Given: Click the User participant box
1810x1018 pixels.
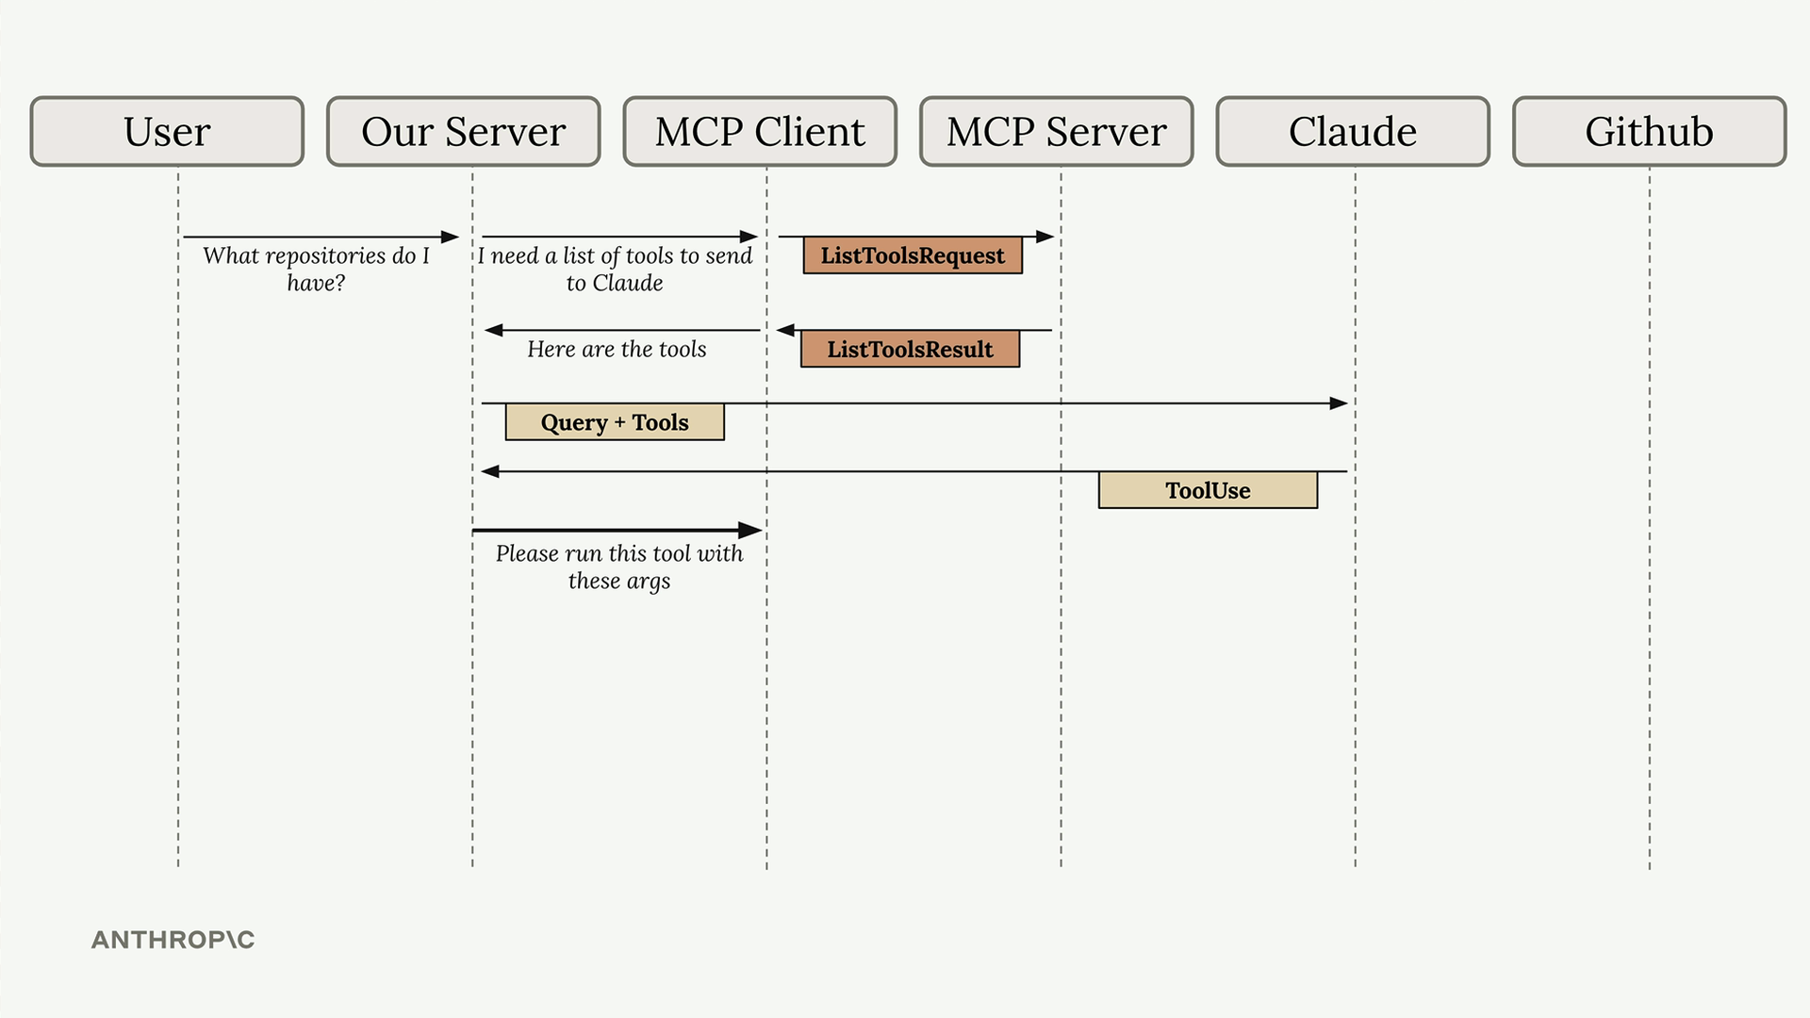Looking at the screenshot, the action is [167, 131].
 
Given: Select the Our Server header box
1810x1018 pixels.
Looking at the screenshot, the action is [464, 131].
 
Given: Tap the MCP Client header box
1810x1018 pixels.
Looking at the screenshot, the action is [760, 131].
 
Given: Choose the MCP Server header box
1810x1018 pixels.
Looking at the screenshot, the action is [1057, 131].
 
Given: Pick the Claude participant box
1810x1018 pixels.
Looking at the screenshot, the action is [1353, 131].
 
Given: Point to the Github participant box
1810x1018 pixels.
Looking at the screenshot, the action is [1650, 131].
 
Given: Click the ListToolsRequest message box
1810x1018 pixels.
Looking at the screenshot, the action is [913, 255].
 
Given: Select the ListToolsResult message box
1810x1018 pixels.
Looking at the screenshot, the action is [910, 349].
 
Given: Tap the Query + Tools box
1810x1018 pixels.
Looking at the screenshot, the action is [615, 422].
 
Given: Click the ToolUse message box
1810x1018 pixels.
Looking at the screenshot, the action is [1208, 490].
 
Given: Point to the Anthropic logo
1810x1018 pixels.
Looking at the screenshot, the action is [173, 940].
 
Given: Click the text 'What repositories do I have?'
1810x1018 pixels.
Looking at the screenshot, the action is [316, 269].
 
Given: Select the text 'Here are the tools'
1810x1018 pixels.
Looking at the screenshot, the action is [617, 349].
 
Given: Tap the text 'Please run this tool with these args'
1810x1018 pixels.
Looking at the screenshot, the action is [619, 566].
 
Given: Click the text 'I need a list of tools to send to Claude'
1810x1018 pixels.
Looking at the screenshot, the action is [615, 269].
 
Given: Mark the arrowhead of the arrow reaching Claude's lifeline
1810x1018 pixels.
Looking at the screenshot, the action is [1340, 403].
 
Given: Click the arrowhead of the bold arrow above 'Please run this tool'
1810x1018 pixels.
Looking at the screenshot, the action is [750, 531].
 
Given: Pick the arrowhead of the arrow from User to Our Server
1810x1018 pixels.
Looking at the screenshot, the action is [450, 237].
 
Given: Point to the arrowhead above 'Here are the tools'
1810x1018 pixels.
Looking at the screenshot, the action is [493, 330].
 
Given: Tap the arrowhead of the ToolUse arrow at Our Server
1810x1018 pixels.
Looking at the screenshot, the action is [490, 471].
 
